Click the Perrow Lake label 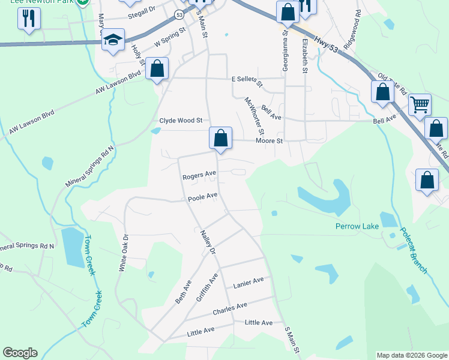357,226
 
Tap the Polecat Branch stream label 414,250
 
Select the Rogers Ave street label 199,175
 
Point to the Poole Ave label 202,197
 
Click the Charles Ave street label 230,309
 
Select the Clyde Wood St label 181,120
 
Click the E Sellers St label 247,79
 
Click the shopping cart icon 420,105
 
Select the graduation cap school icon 113,40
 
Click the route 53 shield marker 179,13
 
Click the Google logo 20,353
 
